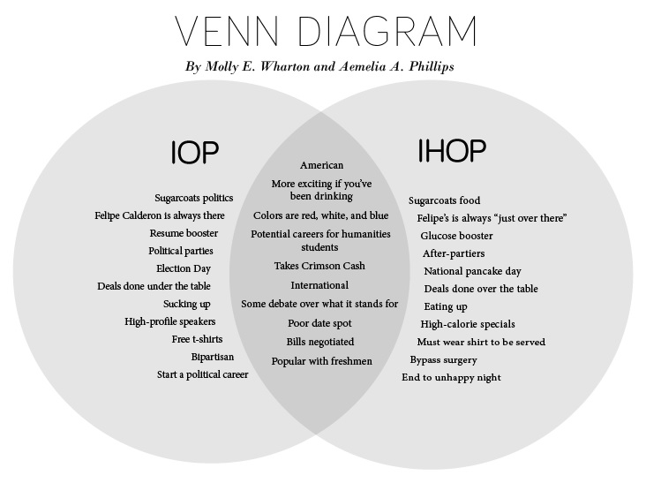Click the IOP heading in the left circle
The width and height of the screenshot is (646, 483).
[x=195, y=152]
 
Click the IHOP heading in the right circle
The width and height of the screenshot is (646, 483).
[x=452, y=150]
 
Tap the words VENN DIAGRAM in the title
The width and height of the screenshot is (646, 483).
[x=326, y=31]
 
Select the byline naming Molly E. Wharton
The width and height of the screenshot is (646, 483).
[x=319, y=67]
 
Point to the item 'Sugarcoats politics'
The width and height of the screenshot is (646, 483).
[x=194, y=198]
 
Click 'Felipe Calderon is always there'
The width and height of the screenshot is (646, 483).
[x=160, y=215]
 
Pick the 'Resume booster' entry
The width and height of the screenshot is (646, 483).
[x=184, y=233]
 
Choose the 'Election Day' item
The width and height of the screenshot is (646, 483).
[x=184, y=268]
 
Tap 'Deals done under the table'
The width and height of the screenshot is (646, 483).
[x=154, y=286]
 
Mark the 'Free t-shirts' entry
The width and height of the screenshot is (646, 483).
[x=198, y=339]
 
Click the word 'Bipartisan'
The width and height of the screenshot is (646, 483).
[x=213, y=357]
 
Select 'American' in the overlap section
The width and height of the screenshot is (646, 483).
[x=322, y=165]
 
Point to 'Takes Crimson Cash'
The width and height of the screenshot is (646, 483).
[x=319, y=266]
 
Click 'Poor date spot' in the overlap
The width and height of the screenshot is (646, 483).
[x=319, y=323]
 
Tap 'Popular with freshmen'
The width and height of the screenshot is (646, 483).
[x=322, y=361]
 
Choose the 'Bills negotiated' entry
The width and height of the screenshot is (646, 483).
[x=320, y=342]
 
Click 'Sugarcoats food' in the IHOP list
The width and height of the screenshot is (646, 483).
[x=445, y=200]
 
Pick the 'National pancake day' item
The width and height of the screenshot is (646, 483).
[x=472, y=271]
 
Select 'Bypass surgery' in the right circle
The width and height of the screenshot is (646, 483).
[x=443, y=359]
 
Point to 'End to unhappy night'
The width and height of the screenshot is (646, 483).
[x=452, y=378]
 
